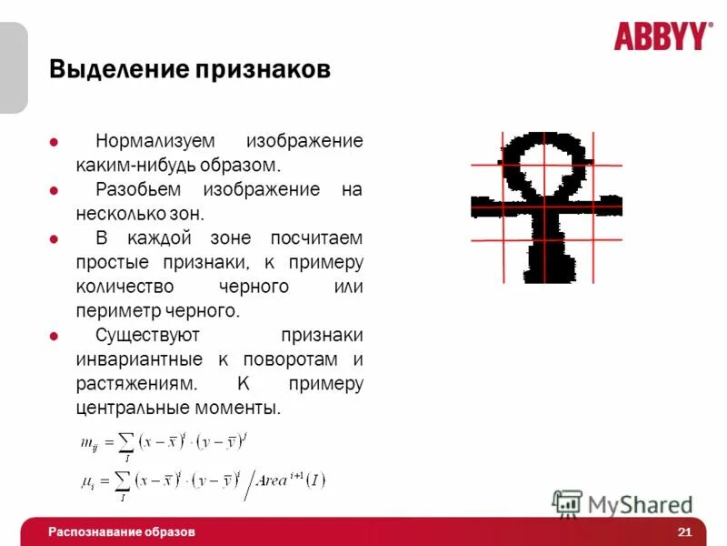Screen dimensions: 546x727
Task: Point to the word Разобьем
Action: coord(137,190)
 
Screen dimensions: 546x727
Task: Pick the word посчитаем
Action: coord(316,238)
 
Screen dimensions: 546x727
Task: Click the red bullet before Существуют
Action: coord(54,336)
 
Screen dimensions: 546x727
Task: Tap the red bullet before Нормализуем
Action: coord(54,142)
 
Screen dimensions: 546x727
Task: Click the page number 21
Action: coord(684,531)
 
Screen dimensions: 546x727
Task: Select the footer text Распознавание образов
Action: coord(122,531)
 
